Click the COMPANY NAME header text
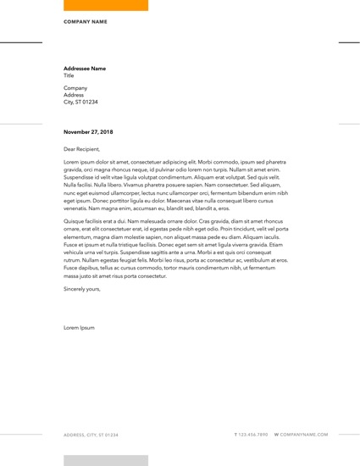tap(86, 21)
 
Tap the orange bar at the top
tap(106, 5)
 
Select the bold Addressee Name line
tap(85, 69)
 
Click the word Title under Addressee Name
tap(69, 75)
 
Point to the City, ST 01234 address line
tap(80, 103)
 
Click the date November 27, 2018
tap(88, 132)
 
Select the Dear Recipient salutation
tap(81, 149)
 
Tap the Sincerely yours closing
tap(82, 289)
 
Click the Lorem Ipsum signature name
tap(79, 327)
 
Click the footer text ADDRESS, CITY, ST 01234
tap(91, 435)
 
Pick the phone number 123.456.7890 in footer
tap(253, 435)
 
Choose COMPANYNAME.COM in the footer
tap(304, 435)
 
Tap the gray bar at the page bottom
tap(106, 460)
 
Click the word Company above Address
tap(75, 88)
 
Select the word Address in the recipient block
tap(74, 95)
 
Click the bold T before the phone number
tap(235, 435)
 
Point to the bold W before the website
tap(276, 435)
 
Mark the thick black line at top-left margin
tap(20, 42)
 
